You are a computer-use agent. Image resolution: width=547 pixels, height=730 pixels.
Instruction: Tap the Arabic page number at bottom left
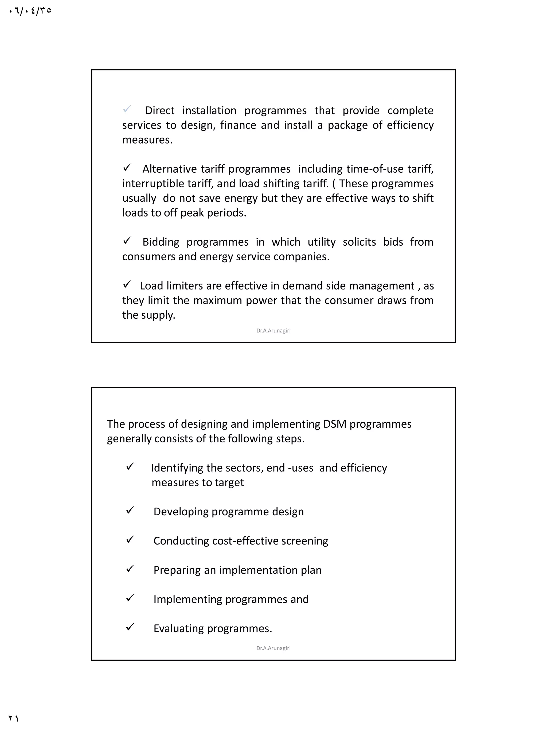tap(13, 719)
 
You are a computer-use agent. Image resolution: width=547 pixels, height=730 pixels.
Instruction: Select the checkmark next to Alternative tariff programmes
tap(127, 168)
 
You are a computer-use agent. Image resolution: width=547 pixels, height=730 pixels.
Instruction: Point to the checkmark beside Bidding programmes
tap(127, 241)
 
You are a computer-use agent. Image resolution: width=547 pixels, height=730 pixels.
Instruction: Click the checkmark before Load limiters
tap(127, 284)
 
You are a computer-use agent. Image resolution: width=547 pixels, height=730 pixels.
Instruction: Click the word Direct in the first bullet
tap(159, 111)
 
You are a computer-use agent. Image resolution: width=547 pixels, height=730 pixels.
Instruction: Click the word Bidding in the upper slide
tap(161, 242)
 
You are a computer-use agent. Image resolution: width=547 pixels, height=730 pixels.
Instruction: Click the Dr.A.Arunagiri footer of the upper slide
tap(273, 330)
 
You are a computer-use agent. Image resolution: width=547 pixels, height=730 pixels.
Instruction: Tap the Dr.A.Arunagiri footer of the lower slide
tap(273, 648)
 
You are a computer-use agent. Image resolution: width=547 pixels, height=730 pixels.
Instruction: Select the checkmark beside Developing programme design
tap(130, 511)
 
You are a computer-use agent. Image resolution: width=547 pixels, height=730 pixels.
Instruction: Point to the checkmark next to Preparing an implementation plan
tap(130, 569)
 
